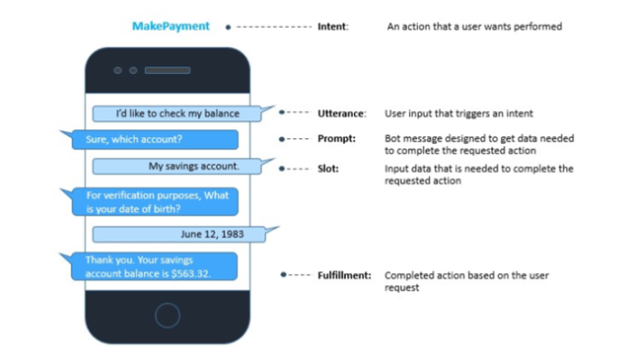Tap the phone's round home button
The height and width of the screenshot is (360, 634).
[x=168, y=317]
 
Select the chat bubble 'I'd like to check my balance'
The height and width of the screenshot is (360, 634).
[x=177, y=113]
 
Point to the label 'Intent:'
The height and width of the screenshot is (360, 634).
[x=333, y=27]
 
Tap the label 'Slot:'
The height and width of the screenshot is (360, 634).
[x=329, y=169]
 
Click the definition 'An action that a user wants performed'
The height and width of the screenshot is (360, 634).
[x=473, y=27]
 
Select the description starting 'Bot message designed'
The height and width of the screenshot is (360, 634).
[x=477, y=145]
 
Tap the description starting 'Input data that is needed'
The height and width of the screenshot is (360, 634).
[x=478, y=175]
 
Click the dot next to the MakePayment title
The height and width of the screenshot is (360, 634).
[x=228, y=28]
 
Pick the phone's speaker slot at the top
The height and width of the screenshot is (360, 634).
[x=168, y=71]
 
